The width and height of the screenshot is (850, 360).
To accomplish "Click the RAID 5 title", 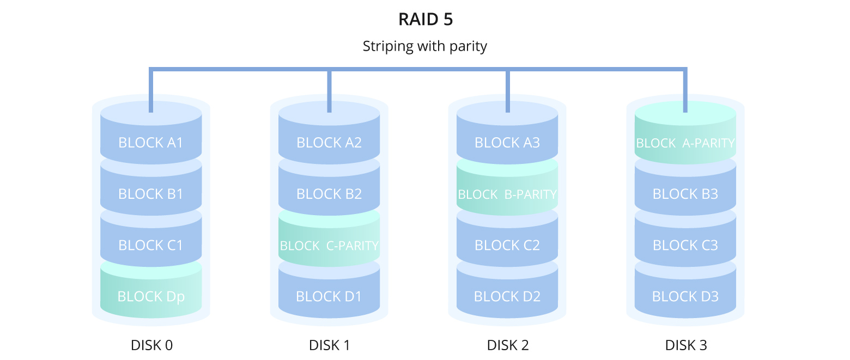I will (x=425, y=20).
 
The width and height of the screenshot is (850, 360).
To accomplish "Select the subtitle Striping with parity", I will (x=425, y=46).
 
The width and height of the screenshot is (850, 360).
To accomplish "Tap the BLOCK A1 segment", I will (x=151, y=143).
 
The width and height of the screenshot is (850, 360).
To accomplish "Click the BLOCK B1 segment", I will (x=151, y=194).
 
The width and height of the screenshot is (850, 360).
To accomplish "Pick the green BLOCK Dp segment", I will (x=151, y=297).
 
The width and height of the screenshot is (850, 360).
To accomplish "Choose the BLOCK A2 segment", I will (x=329, y=143).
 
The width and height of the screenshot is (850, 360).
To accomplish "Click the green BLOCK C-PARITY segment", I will (x=329, y=246).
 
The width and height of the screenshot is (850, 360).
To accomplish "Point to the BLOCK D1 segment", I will (x=329, y=297).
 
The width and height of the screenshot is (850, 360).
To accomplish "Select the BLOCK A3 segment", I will (x=507, y=143).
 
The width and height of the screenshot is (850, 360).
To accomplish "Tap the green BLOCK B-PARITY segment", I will (x=507, y=194).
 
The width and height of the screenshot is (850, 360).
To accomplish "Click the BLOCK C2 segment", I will (x=507, y=246).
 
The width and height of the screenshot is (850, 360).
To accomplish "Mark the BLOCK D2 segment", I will (x=507, y=297).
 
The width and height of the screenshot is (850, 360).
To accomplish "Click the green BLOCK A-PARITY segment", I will (x=685, y=143).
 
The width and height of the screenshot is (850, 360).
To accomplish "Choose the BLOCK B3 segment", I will (x=685, y=194).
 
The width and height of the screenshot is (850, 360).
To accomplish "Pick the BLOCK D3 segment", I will (x=685, y=297).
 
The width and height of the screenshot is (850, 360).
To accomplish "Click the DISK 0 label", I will (x=151, y=345).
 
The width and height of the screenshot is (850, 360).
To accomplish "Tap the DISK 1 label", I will (x=329, y=345).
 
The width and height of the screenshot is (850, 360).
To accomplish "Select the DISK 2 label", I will (x=507, y=345).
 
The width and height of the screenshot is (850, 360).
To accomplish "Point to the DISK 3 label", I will (x=685, y=345).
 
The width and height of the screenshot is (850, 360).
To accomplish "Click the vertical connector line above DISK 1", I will (x=329, y=91).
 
